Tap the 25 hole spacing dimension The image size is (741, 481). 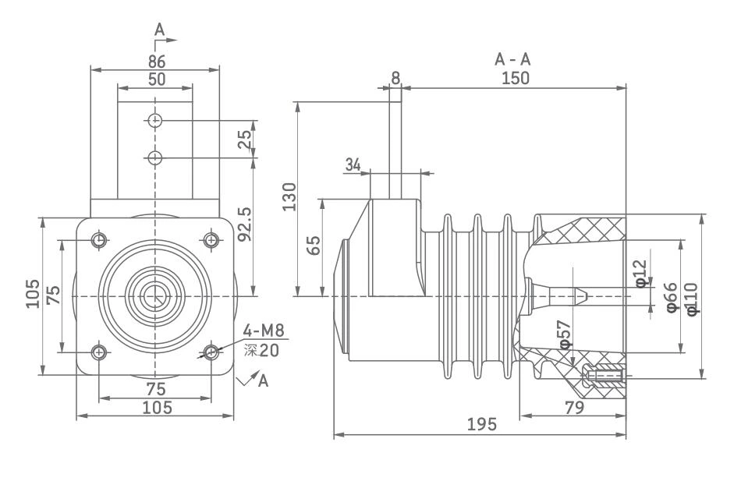click(x=245, y=140)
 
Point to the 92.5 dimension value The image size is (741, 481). click(x=245, y=224)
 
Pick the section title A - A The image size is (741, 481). click(x=514, y=60)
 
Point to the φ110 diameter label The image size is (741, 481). click(x=692, y=297)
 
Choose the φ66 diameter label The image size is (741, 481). click(x=671, y=297)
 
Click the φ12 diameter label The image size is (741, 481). click(x=641, y=273)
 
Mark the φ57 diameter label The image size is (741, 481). click(x=565, y=334)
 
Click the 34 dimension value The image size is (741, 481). click(x=353, y=164)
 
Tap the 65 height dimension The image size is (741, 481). click(x=314, y=246)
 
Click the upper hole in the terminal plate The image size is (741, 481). click(x=155, y=121)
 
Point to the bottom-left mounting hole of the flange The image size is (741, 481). click(x=99, y=352)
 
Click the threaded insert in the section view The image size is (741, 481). click(x=604, y=377)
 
